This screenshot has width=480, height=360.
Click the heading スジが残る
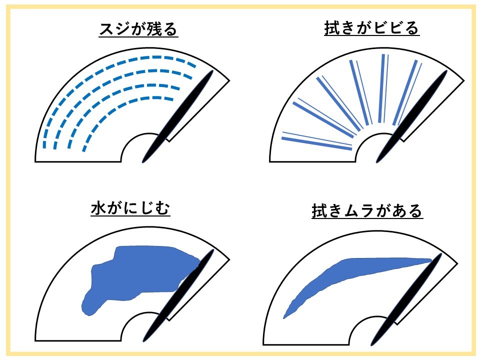click(138, 29)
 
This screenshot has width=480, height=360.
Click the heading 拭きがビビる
click(371, 28)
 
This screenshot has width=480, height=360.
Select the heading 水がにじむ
click(130, 208)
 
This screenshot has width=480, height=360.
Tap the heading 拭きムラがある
click(367, 210)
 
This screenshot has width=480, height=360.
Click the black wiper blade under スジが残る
click(177, 116)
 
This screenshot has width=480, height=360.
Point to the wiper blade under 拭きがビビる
click(411, 116)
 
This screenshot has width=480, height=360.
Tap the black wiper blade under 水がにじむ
click(177, 295)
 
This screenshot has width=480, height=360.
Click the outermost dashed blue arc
click(101, 72)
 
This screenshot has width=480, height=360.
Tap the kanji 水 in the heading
click(98, 208)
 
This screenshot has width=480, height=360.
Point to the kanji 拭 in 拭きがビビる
click(332, 28)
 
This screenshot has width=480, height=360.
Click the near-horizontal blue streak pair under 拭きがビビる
click(317, 141)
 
